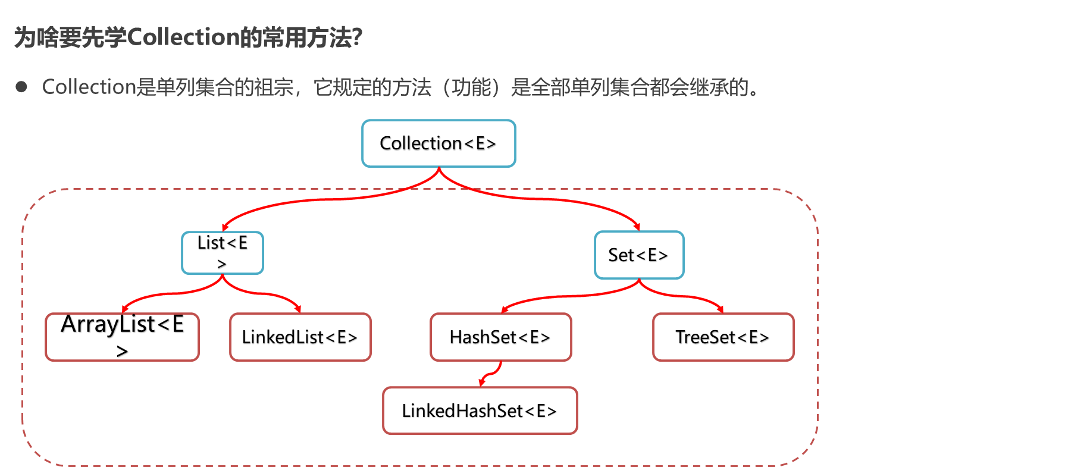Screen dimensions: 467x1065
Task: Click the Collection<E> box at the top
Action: coord(438,143)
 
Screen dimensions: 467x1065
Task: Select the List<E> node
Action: coord(223,253)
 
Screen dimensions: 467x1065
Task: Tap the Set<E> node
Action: coord(639,255)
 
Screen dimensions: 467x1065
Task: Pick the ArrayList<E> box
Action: coord(122,337)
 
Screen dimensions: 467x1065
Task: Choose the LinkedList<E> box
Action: coord(300,337)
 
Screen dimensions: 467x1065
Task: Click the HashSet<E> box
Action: coord(500,337)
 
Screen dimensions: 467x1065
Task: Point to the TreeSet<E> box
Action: coord(723,337)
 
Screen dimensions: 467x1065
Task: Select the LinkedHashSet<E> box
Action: coord(480,410)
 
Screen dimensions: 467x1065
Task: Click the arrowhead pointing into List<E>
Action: coord(224,227)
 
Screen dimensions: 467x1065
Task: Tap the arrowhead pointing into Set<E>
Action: coord(637,227)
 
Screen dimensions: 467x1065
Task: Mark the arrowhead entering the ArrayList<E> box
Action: coord(124,309)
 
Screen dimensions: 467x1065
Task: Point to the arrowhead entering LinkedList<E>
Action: coord(298,309)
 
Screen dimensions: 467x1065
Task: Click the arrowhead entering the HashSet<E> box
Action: coord(504,309)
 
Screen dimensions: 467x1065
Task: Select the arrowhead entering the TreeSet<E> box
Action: coord(721,309)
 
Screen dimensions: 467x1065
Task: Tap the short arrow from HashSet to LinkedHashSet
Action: coord(490,375)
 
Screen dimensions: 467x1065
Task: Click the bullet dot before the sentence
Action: coord(21,87)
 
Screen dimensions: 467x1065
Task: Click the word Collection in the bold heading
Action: coord(183,37)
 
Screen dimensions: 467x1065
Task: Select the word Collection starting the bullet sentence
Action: coord(89,87)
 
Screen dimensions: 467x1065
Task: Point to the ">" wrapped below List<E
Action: coord(222,264)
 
